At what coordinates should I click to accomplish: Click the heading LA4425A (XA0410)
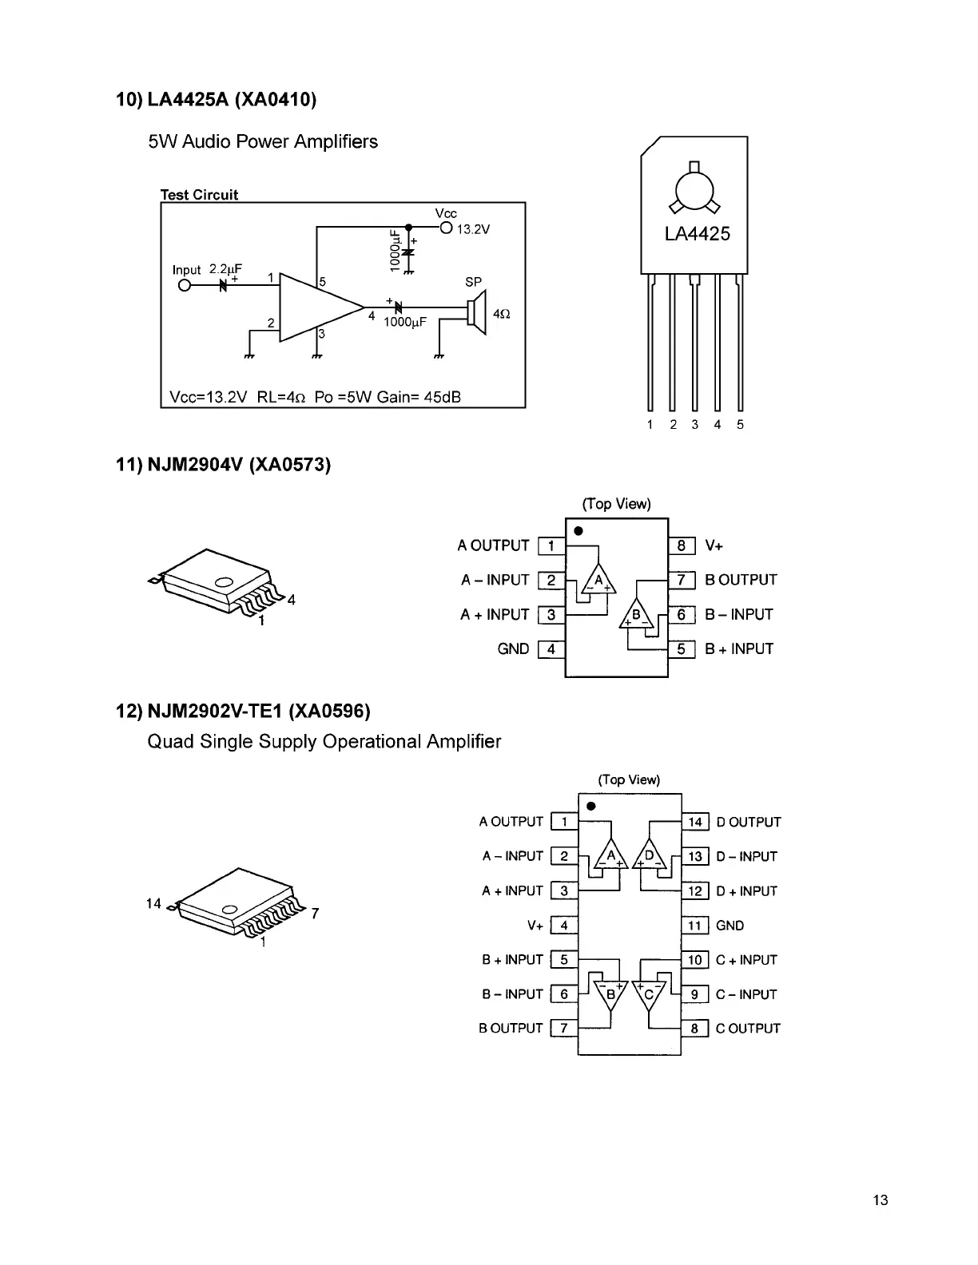217,100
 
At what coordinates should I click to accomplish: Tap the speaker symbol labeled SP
478,312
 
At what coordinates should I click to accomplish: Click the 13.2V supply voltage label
473,229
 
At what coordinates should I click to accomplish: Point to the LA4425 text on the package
697,234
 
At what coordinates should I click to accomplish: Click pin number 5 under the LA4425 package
740,425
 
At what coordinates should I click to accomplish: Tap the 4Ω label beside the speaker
501,315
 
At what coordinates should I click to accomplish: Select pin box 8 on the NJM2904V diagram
681,545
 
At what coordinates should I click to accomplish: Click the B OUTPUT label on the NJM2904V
741,580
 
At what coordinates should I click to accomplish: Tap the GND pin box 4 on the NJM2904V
551,648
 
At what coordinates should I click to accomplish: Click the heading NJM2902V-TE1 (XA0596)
244,711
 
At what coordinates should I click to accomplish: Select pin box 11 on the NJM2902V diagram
695,926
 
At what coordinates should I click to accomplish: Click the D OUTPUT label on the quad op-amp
748,822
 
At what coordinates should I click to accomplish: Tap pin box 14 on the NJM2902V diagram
695,822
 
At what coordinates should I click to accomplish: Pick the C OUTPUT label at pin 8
748,1029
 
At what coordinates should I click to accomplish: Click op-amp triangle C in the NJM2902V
649,993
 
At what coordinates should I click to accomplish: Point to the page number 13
881,1200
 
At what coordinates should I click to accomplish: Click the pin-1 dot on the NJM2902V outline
591,806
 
